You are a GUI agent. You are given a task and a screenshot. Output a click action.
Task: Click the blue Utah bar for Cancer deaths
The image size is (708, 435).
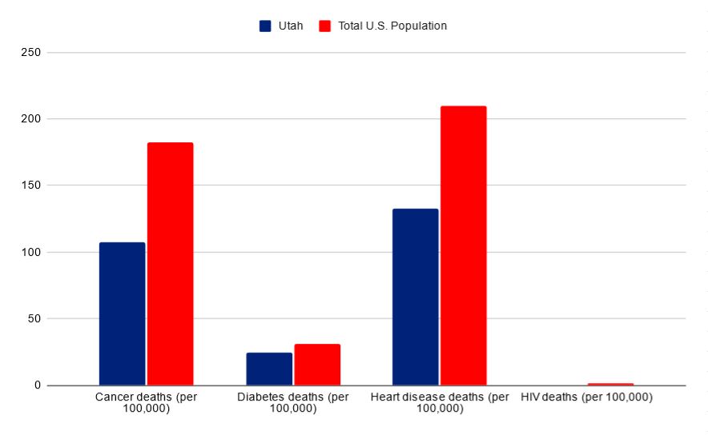pos(122,313)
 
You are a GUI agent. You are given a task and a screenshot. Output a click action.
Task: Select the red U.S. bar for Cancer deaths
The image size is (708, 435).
pos(170,264)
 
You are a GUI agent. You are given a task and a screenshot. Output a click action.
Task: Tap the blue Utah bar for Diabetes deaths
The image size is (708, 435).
pos(269,369)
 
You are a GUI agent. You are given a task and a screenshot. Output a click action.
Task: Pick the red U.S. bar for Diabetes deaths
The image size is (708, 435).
pos(317,365)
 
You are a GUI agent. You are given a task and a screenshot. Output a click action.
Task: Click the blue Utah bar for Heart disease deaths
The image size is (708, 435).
pos(416,297)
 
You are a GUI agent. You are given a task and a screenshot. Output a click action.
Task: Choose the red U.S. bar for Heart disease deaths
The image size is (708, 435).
pos(463,245)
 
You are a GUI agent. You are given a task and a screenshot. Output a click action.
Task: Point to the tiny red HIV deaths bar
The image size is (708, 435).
pos(610,384)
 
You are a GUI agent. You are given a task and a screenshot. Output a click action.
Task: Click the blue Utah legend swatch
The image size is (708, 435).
pos(265,26)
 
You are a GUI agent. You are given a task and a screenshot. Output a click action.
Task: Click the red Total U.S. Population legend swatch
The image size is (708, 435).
pos(324,26)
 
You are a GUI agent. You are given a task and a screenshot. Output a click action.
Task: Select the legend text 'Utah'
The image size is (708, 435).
pos(290,26)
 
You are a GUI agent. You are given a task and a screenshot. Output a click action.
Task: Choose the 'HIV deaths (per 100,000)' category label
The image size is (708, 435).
pos(586,397)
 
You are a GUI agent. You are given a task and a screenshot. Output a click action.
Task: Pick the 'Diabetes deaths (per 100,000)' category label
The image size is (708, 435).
pos(293,402)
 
